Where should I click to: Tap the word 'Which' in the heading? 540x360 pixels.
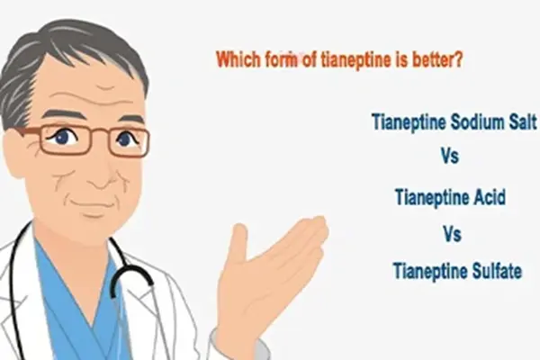(238, 60)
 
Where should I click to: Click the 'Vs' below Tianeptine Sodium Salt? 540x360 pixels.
(450, 157)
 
